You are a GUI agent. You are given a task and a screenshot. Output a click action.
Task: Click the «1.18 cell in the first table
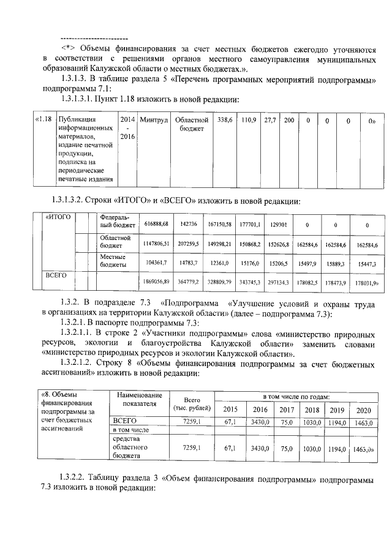click(x=43, y=119)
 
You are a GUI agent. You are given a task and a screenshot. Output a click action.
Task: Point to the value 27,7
click(x=269, y=119)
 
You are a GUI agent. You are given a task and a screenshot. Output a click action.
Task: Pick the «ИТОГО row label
click(x=59, y=217)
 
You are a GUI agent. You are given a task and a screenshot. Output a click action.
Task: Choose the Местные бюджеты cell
click(x=113, y=261)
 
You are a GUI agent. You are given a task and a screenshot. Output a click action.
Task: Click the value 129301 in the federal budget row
click(x=279, y=225)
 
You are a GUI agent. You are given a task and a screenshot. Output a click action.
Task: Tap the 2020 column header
click(x=363, y=410)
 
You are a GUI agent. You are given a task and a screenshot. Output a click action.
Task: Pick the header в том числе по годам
click(x=296, y=397)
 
